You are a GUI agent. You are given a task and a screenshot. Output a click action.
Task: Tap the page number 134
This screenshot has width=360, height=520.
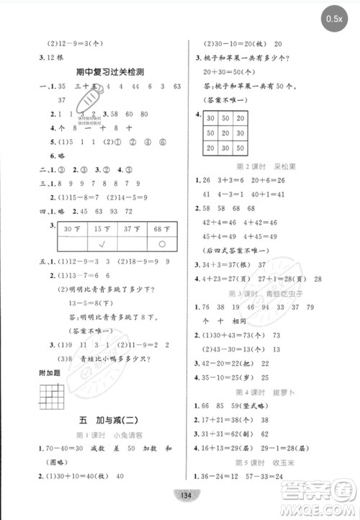(180, 493)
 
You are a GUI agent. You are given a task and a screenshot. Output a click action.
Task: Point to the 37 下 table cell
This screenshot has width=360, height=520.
(130, 229)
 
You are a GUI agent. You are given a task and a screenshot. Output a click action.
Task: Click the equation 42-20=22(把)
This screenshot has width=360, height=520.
(231, 363)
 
